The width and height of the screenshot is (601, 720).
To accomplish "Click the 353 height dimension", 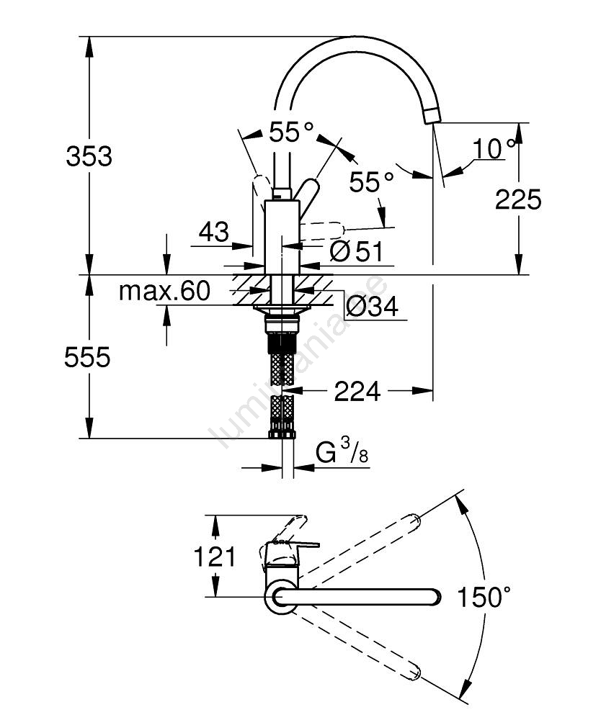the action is coord(89,156).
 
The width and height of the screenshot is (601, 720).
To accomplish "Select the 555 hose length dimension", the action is coord(87,357).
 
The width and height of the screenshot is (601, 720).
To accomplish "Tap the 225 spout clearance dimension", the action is coord(518,199).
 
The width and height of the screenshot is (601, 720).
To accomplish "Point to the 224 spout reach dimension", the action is coord(357,391).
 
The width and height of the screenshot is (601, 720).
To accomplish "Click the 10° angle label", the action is coord(494,148).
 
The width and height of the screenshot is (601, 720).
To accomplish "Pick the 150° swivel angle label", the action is coord(484,597).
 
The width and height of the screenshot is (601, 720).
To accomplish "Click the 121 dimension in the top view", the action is coord(215,557).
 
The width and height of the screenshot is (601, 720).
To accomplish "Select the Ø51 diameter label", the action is coord(357,251).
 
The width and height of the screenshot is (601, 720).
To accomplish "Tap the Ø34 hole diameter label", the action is coord(372,306).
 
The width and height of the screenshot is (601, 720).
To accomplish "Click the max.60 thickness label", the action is coord(164,291).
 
